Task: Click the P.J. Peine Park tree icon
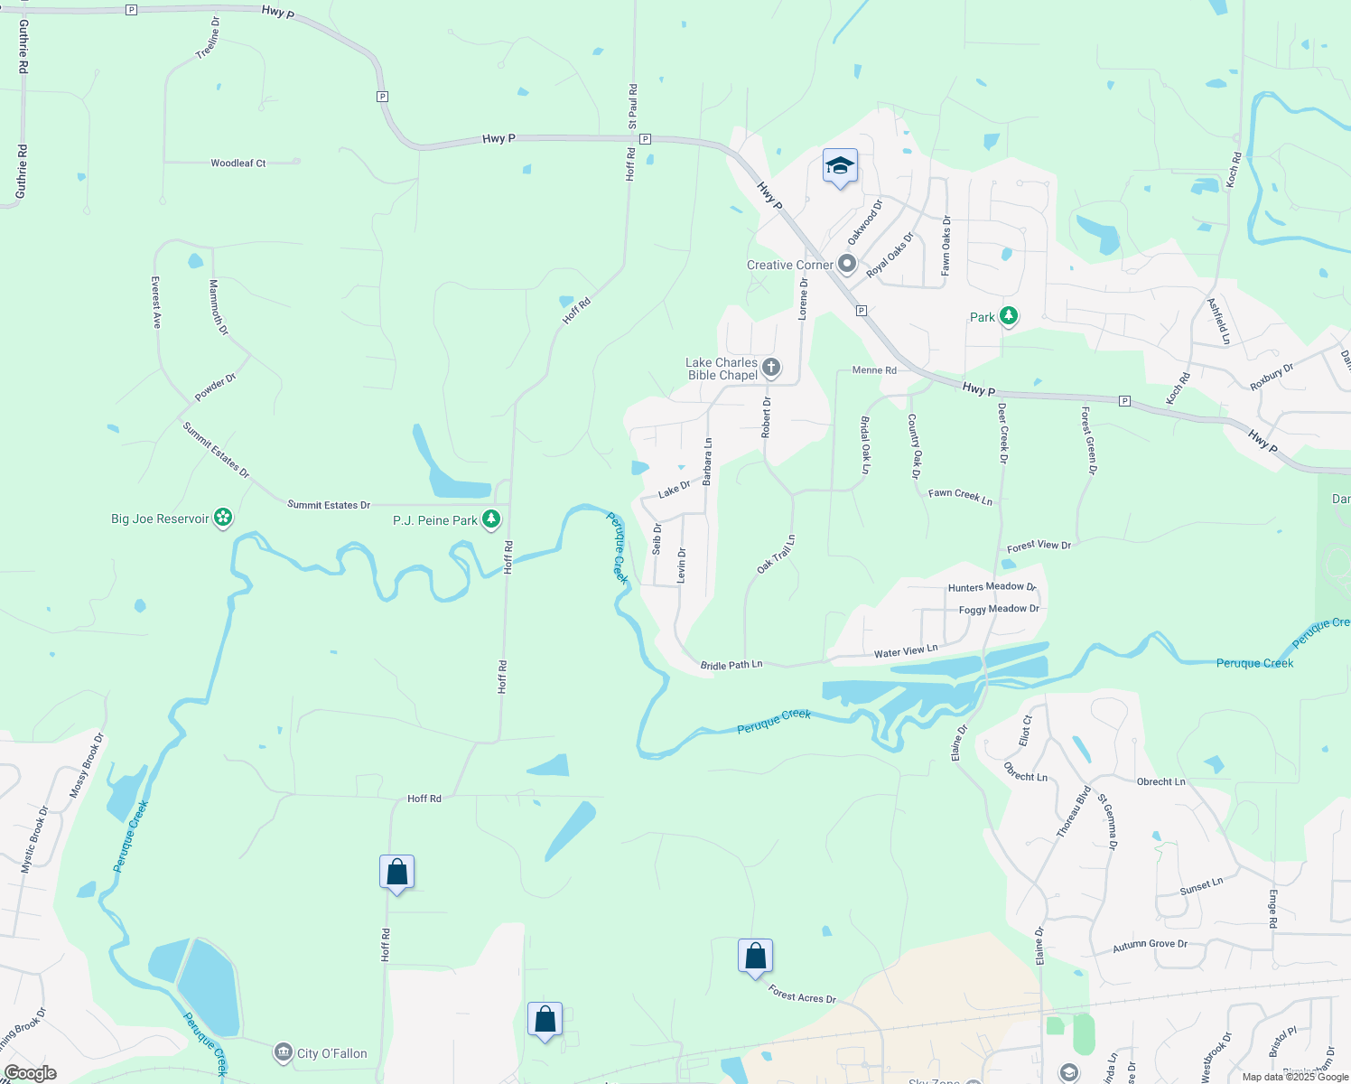490,519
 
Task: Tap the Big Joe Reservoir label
160,519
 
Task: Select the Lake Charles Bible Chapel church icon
771,368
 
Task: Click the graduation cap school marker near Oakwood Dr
840,166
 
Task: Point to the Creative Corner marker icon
847,265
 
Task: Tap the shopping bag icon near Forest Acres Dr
755,956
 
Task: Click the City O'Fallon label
331,1053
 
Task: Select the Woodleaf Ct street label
238,164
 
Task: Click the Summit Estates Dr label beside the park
329,505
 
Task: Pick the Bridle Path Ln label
731,665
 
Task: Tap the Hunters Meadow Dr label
992,587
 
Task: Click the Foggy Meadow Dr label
999,609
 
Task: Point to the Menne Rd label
874,370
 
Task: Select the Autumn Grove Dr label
1150,945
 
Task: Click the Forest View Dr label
1039,546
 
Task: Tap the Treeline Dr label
208,38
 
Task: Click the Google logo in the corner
30,1073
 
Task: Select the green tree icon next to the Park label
1009,316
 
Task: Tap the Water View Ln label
906,651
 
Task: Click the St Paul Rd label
633,106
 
